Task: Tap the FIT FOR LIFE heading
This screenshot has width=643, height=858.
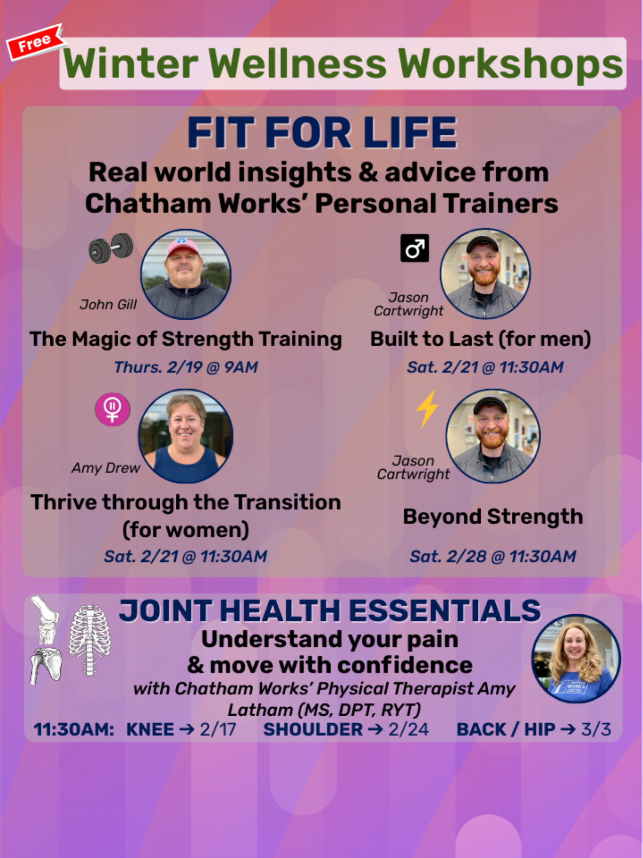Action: click(321, 133)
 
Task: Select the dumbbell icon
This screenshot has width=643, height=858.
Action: click(111, 248)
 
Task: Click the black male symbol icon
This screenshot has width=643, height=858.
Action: click(414, 248)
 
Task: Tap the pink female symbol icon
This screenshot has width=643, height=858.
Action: click(113, 409)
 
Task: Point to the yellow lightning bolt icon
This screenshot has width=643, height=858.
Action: click(427, 409)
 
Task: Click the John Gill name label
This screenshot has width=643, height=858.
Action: click(108, 305)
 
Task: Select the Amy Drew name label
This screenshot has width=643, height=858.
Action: click(105, 468)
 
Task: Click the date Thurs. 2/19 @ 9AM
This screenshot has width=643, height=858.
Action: click(186, 367)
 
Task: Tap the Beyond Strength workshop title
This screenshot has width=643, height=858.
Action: click(493, 517)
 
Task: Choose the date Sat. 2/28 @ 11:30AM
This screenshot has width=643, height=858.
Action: click(493, 556)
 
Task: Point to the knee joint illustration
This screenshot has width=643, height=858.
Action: click(45, 619)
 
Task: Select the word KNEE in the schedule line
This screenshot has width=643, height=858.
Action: click(150, 729)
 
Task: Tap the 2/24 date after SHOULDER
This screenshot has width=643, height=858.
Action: click(408, 729)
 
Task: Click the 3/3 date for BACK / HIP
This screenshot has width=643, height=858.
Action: click(596, 729)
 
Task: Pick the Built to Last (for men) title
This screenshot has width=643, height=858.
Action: click(480, 339)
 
